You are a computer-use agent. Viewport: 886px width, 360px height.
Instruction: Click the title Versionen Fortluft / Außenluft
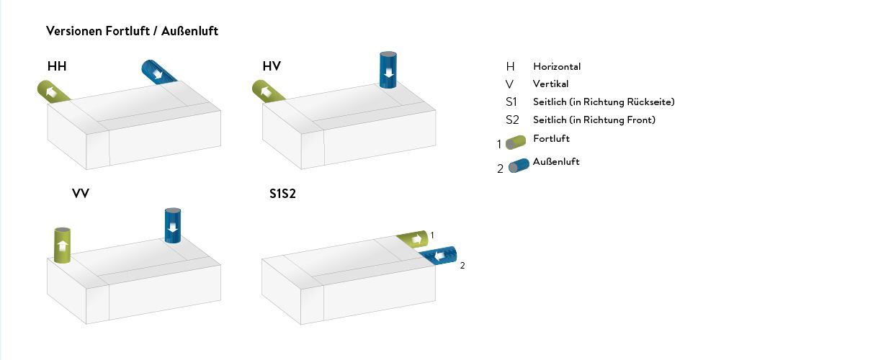[x=132, y=31]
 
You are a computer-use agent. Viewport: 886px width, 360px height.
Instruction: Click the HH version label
[x=57, y=66]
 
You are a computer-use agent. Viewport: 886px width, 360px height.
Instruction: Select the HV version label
[x=272, y=66]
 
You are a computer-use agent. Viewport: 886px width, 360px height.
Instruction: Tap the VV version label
[x=81, y=193]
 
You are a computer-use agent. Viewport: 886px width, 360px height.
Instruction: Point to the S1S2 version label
[x=282, y=194]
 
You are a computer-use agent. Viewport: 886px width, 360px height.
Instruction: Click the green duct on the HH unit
[x=53, y=91]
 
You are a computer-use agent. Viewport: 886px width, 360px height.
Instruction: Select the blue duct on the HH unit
[x=159, y=72]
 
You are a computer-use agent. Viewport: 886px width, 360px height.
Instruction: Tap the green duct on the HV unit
[x=268, y=91]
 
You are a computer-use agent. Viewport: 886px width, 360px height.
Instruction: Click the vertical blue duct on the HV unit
[x=388, y=70]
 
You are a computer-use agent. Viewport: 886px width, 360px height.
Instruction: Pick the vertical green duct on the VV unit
[x=62, y=246]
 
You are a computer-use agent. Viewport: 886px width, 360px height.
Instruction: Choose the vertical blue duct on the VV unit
[x=173, y=225]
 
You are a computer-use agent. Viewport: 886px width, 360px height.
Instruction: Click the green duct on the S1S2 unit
[x=413, y=239]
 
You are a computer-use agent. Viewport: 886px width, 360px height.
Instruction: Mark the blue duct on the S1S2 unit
[x=439, y=256]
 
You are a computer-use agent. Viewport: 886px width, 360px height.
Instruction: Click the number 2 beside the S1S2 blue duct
[x=462, y=266]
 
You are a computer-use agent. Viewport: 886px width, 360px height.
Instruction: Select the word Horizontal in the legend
[x=557, y=66]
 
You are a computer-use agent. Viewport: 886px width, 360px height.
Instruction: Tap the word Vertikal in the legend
[x=550, y=84]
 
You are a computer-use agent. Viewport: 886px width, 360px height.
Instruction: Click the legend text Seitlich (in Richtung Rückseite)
[x=604, y=102]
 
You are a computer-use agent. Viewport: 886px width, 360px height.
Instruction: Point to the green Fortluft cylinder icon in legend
[x=516, y=143]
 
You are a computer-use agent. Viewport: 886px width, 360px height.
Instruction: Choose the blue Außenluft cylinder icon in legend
[x=519, y=166]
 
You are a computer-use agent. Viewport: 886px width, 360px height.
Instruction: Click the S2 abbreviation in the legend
[x=512, y=120]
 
